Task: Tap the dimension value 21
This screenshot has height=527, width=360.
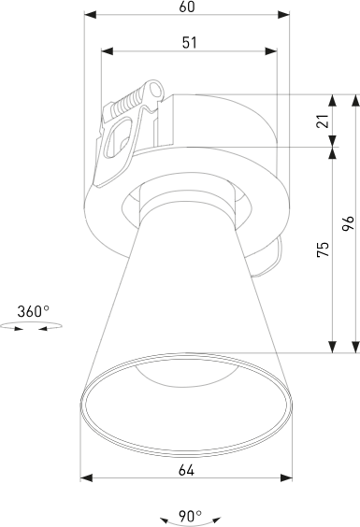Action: [x=323, y=121]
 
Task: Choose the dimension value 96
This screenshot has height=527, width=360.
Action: [x=347, y=223]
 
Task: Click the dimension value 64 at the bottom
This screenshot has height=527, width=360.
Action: [x=186, y=471]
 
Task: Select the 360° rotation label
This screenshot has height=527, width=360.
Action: [x=34, y=311]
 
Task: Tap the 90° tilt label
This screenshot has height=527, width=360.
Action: [x=190, y=514]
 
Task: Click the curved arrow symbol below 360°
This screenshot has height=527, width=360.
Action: [x=31, y=327]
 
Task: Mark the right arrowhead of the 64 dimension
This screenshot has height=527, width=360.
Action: [x=288, y=477]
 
